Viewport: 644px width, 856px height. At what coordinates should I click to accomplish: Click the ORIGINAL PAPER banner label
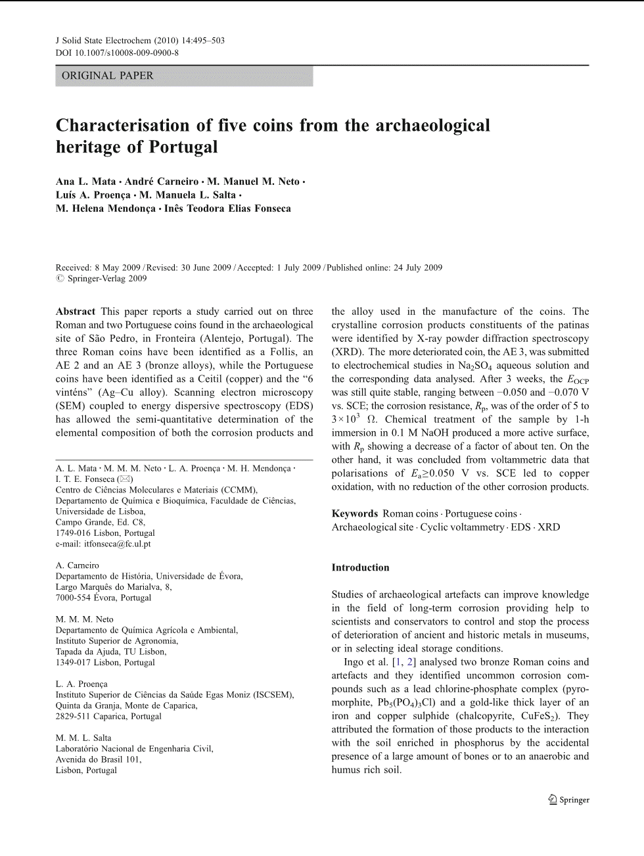tap(107, 76)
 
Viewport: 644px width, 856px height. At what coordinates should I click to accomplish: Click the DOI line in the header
tap(117, 53)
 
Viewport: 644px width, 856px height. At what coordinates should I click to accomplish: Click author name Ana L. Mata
tap(85, 181)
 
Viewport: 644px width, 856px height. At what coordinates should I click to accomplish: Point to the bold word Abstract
tap(75, 312)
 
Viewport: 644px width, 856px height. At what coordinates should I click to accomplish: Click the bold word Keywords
tap(354, 513)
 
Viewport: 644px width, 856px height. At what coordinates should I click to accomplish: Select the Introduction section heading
tap(360, 567)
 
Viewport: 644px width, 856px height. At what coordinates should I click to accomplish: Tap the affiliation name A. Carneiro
tap(77, 565)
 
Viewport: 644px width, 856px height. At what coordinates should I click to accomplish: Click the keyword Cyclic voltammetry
tap(462, 527)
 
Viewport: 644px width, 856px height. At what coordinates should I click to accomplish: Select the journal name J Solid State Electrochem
tap(106, 41)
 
